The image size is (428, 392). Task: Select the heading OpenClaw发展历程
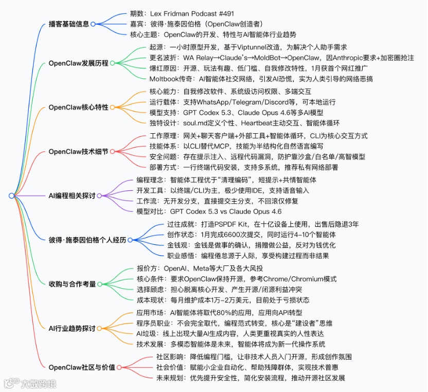[x=78, y=63]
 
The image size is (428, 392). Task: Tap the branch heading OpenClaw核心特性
[x=78, y=107]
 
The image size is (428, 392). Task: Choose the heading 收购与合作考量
[x=74, y=284]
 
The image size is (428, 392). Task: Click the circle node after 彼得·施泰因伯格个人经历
[x=131, y=240]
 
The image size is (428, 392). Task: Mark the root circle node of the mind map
[x=11, y=195]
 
